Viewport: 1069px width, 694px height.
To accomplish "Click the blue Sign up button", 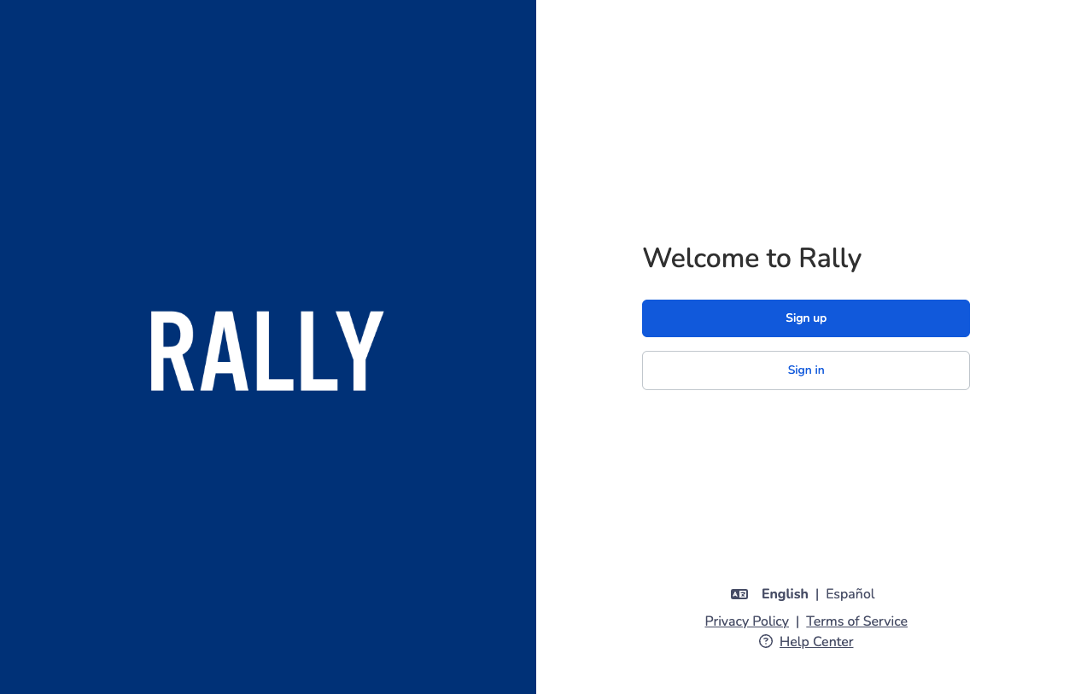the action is click(x=805, y=318).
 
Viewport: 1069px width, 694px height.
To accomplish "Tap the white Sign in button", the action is click(x=805, y=370).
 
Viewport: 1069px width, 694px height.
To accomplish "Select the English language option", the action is click(x=785, y=594).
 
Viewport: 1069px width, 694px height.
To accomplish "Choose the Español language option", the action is click(x=850, y=594).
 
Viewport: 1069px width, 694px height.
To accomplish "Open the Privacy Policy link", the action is click(x=746, y=621).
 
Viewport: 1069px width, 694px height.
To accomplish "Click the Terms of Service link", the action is click(x=856, y=621).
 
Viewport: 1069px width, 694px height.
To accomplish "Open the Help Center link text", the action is click(x=816, y=642).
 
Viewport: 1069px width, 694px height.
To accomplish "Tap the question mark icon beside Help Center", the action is click(x=766, y=641).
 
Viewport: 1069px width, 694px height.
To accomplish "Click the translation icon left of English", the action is click(x=739, y=594).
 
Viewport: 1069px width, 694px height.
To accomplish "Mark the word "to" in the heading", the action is click(x=779, y=259).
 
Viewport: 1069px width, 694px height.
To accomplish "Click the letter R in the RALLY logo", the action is click(x=172, y=351).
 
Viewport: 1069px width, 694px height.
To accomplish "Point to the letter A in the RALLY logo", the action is click(x=225, y=351).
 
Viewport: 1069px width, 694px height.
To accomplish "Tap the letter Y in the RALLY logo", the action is click(x=359, y=351).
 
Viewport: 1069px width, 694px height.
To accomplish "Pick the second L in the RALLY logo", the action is click(x=319, y=351).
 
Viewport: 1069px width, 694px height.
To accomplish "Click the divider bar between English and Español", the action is click(x=817, y=594).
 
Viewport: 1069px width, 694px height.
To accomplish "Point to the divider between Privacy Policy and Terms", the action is click(x=797, y=621).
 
